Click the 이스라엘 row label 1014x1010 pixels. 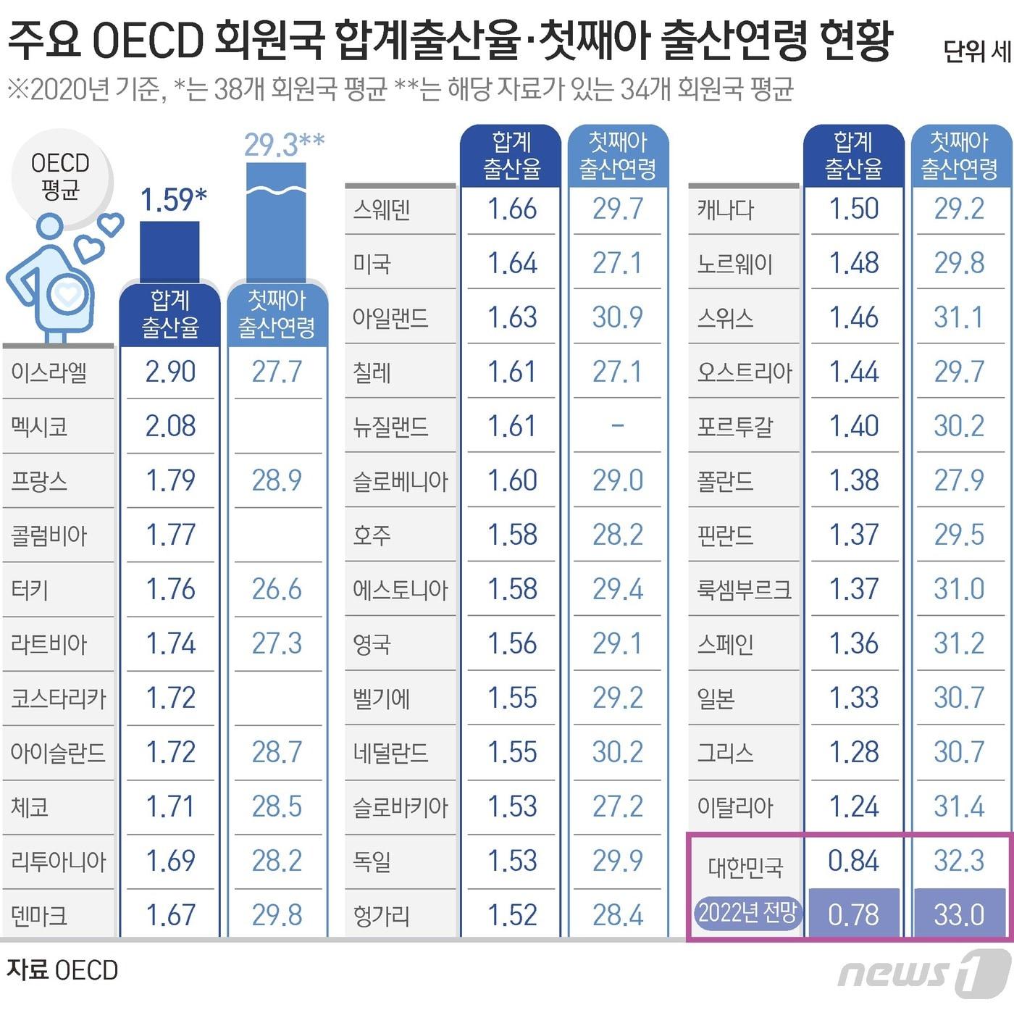point(49,372)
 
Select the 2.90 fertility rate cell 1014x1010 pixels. point(170,372)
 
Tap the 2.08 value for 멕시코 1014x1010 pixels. point(170,426)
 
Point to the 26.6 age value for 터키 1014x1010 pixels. point(277,589)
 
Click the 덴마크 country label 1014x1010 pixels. point(39,916)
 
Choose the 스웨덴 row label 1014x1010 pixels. point(382,209)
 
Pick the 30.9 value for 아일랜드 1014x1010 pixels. point(617,317)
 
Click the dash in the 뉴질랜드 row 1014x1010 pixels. point(617,425)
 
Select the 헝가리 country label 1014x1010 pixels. point(382,916)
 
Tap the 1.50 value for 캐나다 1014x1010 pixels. point(854,209)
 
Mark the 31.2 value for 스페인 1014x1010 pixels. point(959,643)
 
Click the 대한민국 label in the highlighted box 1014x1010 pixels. point(745,867)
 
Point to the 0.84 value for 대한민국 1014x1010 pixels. point(854,861)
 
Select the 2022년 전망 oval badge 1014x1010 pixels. point(747,913)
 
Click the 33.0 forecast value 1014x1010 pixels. point(959,915)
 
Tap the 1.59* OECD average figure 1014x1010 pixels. point(173,200)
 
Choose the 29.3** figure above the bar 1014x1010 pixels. point(283,146)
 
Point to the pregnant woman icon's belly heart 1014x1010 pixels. point(67,294)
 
